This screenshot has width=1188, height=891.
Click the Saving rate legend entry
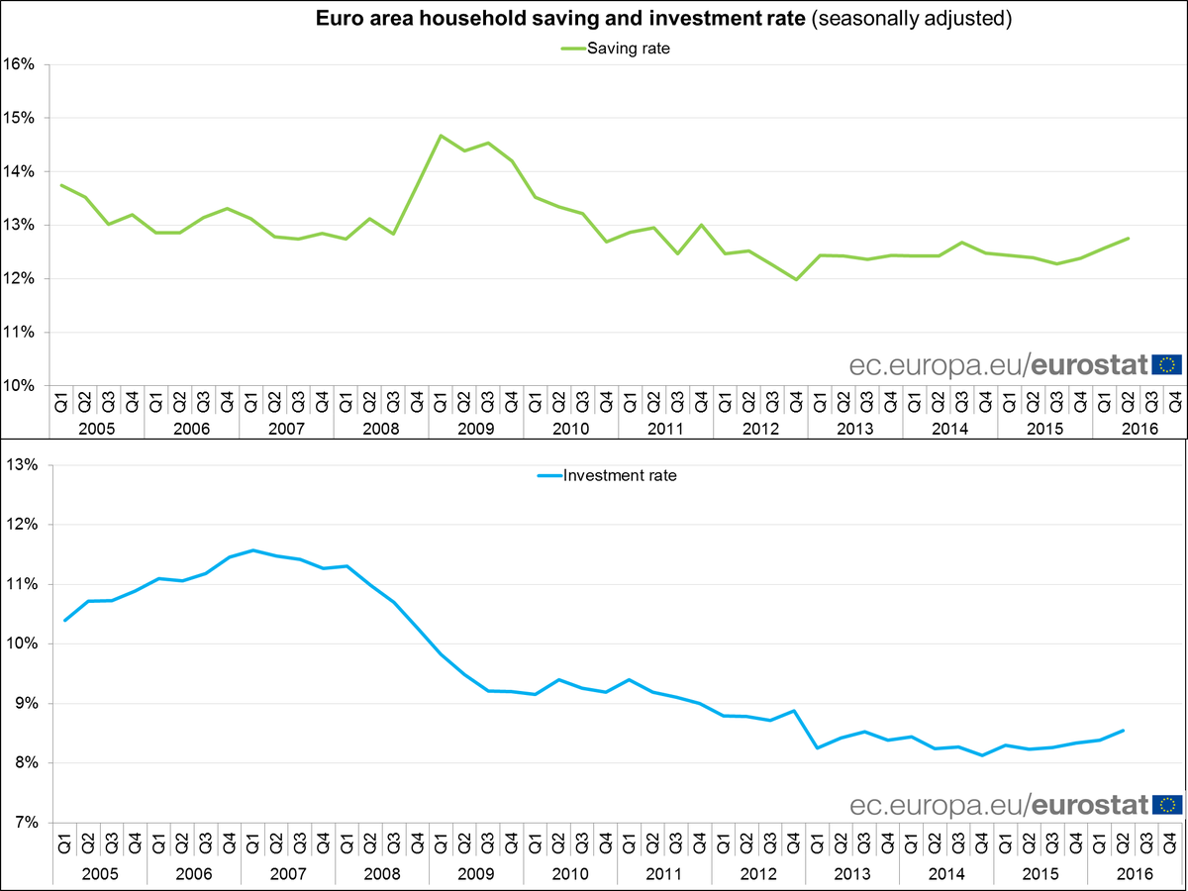[614, 49]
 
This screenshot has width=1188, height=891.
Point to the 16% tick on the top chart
[21, 64]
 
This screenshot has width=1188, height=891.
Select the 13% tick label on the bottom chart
[21, 464]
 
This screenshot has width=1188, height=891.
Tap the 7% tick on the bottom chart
[24, 823]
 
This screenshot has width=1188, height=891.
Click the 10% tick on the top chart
[21, 385]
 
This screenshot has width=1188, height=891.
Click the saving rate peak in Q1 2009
[441, 136]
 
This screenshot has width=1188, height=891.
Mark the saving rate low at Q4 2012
[795, 279]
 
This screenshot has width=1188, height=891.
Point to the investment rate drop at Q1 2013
[819, 747]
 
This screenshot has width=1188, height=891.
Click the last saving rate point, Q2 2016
[1128, 238]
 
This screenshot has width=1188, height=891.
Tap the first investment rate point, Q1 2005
[64, 621]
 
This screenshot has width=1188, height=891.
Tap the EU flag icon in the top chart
[1167, 364]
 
